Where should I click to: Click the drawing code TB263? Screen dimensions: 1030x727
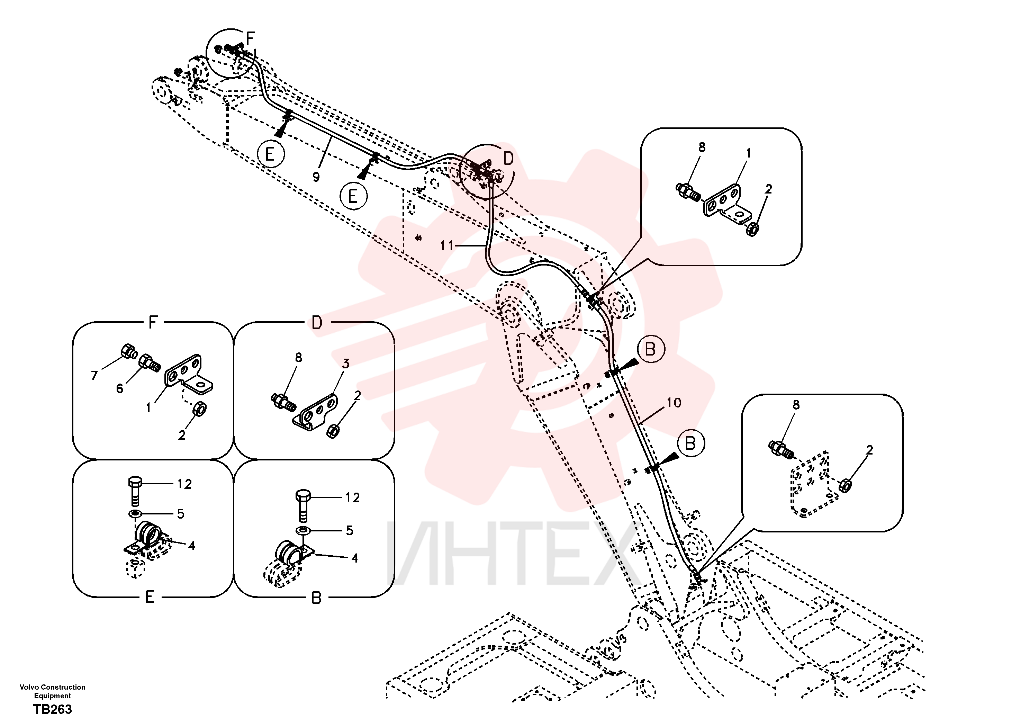(53, 709)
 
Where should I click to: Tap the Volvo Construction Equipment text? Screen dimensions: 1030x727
(53, 692)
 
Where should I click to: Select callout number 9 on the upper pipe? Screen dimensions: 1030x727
(316, 177)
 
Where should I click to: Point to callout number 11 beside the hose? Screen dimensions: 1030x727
(447, 245)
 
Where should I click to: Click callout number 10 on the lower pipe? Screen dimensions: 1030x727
(674, 403)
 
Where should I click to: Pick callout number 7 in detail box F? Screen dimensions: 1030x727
(94, 375)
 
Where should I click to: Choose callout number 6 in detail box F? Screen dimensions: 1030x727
(119, 389)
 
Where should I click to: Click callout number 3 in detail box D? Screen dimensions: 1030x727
(345, 363)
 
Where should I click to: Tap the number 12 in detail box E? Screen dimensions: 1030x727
(184, 484)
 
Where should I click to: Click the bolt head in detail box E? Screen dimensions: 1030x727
(135, 483)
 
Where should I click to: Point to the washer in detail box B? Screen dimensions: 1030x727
(303, 531)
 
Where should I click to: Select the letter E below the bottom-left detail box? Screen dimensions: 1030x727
(150, 597)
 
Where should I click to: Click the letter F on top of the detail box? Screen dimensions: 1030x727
(153, 322)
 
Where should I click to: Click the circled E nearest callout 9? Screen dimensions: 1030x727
(271, 154)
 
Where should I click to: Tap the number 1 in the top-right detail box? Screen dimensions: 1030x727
(748, 153)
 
